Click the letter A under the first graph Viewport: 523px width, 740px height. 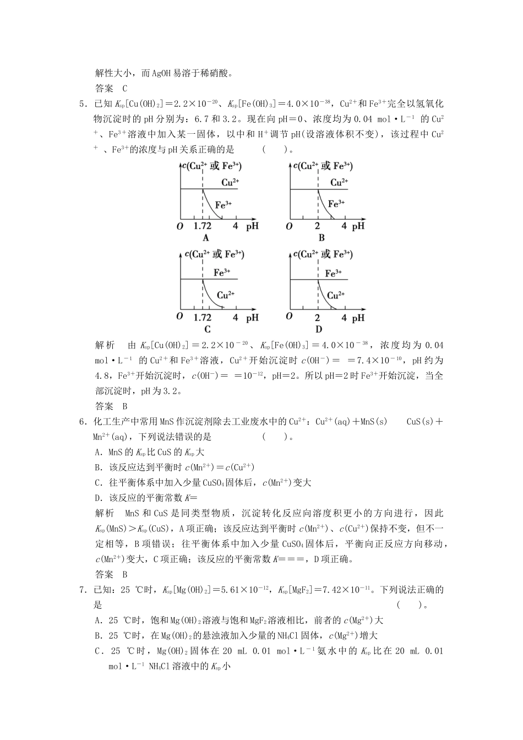pyautogui.click(x=206, y=238)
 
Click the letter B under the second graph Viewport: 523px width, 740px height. pyautogui.click(x=321, y=238)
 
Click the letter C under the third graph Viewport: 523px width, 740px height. pyautogui.click(x=207, y=329)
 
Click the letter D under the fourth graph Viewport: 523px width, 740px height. pyautogui.click(x=319, y=329)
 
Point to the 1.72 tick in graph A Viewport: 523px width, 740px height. pyautogui.click(x=203, y=226)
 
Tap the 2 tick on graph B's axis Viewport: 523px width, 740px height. pyautogui.click(x=318, y=226)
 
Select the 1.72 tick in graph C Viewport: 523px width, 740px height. pyautogui.click(x=203, y=318)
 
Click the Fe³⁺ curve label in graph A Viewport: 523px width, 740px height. pyautogui.click(x=223, y=204)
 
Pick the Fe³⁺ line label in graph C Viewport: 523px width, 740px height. pyautogui.click(x=222, y=272)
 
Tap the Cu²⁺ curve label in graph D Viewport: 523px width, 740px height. pyautogui.click(x=336, y=296)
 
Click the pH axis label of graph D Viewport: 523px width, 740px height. pyautogui.click(x=358, y=318)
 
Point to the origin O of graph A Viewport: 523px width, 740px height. pyautogui.click(x=179, y=226)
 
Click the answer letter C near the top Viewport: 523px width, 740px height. pyautogui.click(x=124, y=88)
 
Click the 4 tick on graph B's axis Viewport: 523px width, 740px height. pyautogui.click(x=344, y=226)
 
